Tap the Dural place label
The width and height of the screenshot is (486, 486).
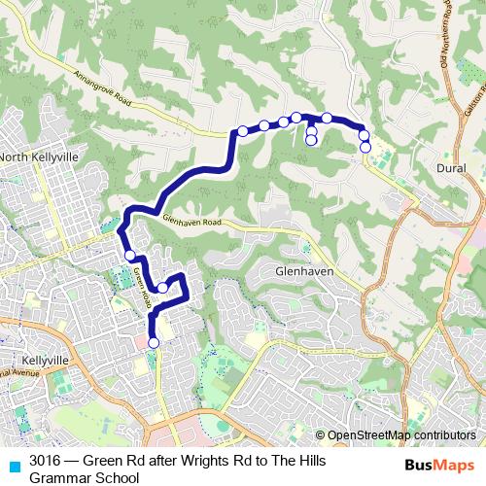coord(446,168)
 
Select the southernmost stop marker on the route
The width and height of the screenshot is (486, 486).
coord(153,342)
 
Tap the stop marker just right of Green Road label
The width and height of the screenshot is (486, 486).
coord(163,288)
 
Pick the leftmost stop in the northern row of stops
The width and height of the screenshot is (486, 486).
coord(242,131)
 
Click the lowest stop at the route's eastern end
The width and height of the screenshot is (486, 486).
coord(365,148)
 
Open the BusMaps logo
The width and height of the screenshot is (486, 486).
coord(439,466)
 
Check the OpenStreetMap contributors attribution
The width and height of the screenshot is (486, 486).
coord(400,435)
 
